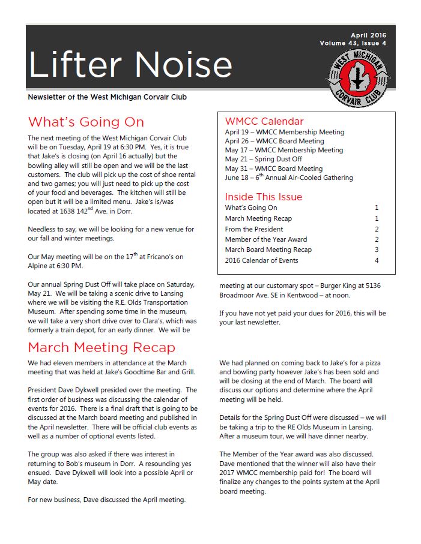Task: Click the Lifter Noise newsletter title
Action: pos(130,64)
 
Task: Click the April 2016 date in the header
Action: pos(369,35)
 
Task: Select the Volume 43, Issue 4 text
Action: pos(353,43)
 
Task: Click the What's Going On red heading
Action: pos(86,122)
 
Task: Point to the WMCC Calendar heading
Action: pos(264,121)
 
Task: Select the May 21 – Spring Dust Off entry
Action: pos(263,160)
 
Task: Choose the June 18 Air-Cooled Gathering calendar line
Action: pos(289,178)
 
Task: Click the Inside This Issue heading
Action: pos(263,197)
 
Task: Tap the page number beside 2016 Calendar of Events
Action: pos(377,260)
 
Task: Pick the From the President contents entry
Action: pos(254,229)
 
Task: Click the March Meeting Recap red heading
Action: pos(101,348)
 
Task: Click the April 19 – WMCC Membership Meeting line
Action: pos(285,132)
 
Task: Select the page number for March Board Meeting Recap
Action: pos(377,250)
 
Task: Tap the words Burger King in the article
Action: pos(343,286)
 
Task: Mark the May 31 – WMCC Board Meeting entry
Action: pos(274,169)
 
